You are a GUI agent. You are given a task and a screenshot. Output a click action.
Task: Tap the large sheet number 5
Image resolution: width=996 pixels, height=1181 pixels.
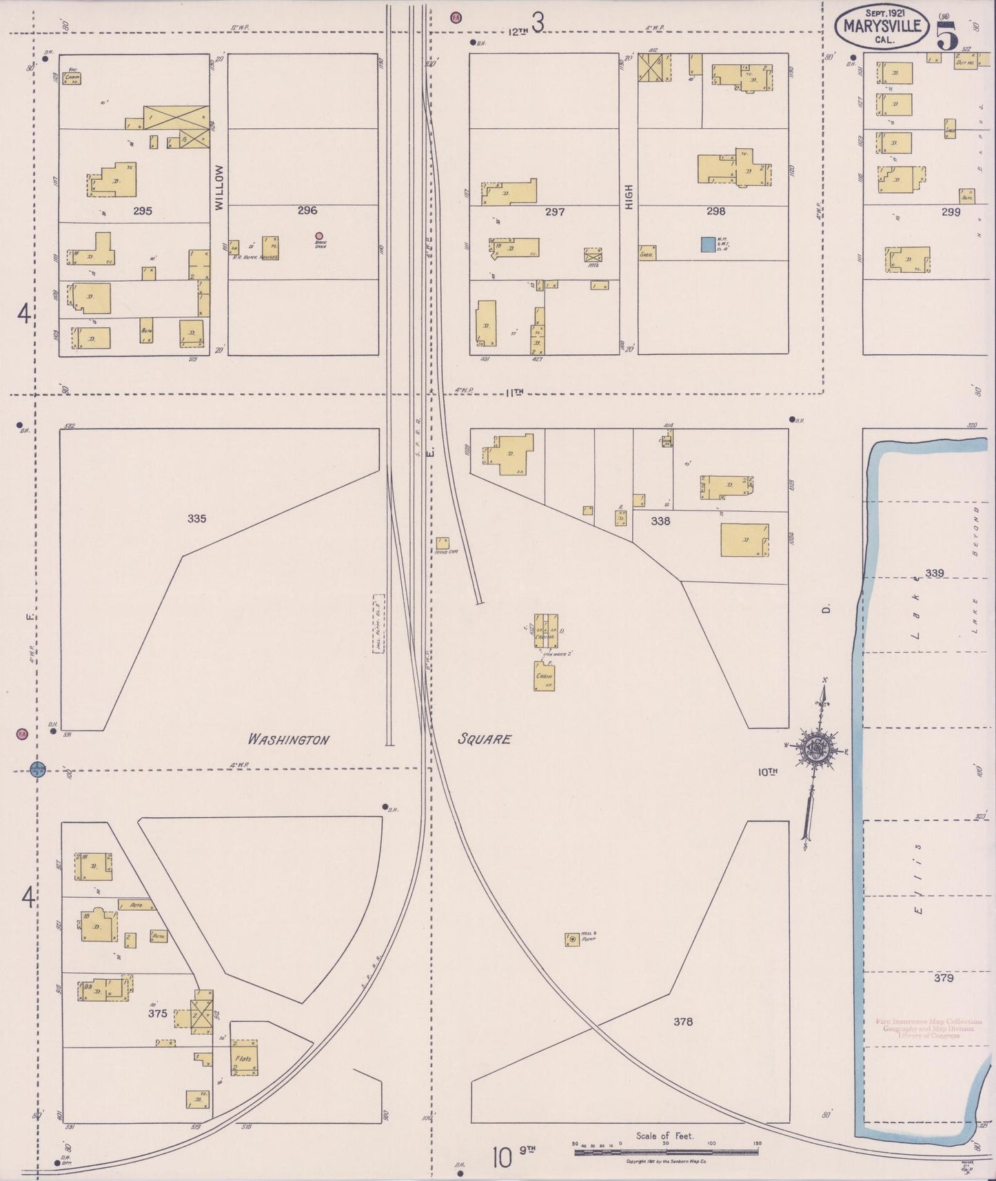pyautogui.click(x=946, y=36)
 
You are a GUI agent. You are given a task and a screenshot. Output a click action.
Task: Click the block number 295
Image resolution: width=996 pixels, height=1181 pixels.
pyautogui.click(x=143, y=212)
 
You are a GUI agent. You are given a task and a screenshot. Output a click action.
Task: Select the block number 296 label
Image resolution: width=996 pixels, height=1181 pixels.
pyautogui.click(x=307, y=210)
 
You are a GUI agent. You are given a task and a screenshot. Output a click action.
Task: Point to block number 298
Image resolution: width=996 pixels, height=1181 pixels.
pyautogui.click(x=715, y=212)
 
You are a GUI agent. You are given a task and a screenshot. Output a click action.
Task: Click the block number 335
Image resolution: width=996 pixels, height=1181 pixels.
pyautogui.click(x=196, y=518)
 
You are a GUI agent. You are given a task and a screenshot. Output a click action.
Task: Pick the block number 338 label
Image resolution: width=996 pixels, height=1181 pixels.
pyautogui.click(x=660, y=521)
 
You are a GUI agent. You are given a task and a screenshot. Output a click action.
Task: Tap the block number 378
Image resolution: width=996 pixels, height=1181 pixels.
pyautogui.click(x=683, y=1021)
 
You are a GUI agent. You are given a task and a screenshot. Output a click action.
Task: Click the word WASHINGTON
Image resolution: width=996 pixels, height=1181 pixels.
pyautogui.click(x=289, y=739)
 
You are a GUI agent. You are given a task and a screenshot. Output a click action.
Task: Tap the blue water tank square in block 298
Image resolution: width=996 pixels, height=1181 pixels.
pyautogui.click(x=708, y=245)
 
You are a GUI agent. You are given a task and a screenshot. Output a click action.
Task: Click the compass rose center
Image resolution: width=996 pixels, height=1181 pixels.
pyautogui.click(x=817, y=748)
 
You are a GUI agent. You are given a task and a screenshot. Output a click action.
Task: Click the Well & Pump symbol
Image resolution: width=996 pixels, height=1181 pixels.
pyautogui.click(x=572, y=939)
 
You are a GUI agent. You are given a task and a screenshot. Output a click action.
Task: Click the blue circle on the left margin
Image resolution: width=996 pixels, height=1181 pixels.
pyautogui.click(x=38, y=768)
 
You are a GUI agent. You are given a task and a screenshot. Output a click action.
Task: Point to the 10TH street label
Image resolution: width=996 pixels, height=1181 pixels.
pyautogui.click(x=768, y=772)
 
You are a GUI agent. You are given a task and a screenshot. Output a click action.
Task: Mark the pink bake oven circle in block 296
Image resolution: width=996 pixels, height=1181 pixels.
pyautogui.click(x=319, y=236)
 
